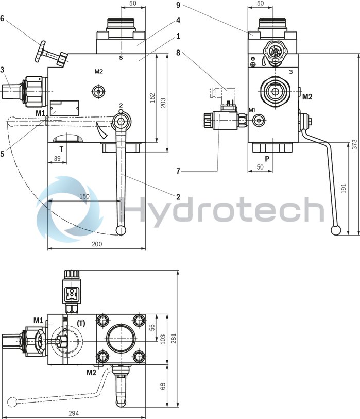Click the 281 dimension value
[x=174, y=337]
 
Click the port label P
[x=267, y=159]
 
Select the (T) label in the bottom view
[x=81, y=323]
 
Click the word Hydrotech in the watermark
[x=221, y=210]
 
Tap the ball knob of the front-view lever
[x=122, y=230]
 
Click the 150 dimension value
[x=84, y=196]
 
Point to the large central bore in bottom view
[x=121, y=341]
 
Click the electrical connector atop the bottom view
[x=71, y=295]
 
